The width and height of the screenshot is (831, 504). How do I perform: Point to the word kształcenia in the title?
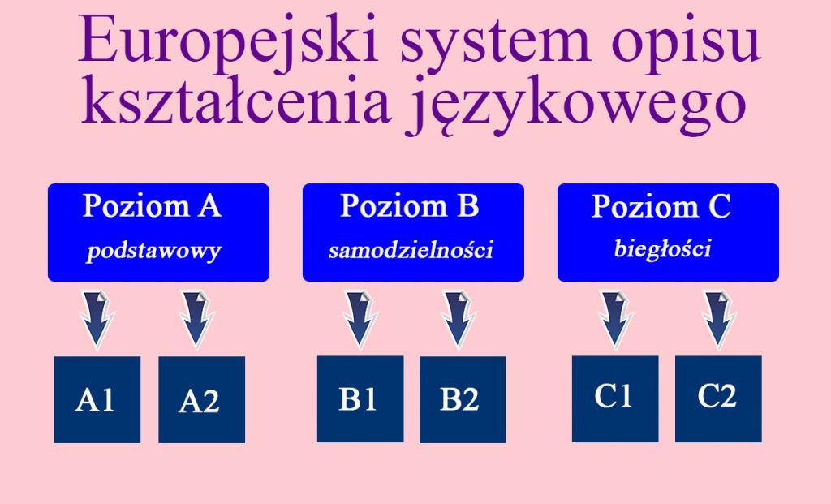(236, 101)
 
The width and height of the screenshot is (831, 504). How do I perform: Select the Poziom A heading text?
(152, 205)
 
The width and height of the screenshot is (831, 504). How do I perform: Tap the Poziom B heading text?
(410, 205)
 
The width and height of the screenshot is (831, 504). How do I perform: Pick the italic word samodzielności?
(411, 250)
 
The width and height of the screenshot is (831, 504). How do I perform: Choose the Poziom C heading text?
(661, 205)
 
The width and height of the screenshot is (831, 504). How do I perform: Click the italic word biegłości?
(662, 249)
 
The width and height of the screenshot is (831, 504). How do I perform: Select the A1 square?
(97, 399)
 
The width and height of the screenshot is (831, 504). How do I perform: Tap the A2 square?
(201, 399)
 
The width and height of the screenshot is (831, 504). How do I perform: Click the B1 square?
(360, 398)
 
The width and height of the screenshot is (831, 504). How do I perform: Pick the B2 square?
(463, 399)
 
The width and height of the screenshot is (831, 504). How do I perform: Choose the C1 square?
(615, 398)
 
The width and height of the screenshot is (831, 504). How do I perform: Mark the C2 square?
(718, 398)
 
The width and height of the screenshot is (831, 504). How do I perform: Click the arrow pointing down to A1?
(97, 320)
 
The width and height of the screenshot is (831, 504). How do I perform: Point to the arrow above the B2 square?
(459, 320)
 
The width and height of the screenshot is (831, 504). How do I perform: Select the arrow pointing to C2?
(719, 320)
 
